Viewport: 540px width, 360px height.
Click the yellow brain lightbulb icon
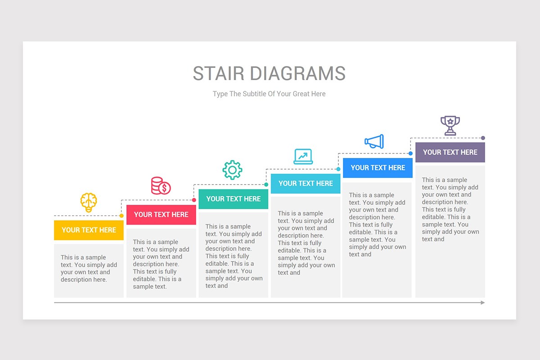click(x=89, y=202)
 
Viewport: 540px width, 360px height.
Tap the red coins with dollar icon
click(x=161, y=186)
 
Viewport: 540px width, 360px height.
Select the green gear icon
click(x=232, y=170)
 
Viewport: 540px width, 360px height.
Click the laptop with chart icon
click(x=303, y=157)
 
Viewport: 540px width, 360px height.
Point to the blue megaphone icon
click(x=374, y=141)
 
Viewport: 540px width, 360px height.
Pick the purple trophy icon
click(x=450, y=126)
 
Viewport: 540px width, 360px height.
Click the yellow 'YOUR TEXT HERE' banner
click(x=89, y=230)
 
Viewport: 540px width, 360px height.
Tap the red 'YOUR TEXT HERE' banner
click(x=161, y=215)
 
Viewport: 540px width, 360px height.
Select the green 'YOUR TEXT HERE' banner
click(x=234, y=199)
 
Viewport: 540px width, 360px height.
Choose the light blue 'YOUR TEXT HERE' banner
click(x=306, y=184)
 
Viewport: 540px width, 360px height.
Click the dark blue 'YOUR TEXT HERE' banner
click(x=378, y=168)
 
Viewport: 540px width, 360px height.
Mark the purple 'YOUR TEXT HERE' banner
click(x=450, y=152)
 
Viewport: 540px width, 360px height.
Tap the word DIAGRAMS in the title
click(x=298, y=73)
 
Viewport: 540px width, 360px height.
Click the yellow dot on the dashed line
click(x=121, y=216)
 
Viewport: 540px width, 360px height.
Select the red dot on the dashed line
click(x=194, y=200)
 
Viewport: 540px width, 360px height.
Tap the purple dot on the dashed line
click(x=483, y=138)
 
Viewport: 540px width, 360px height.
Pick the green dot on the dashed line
click(x=266, y=184)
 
